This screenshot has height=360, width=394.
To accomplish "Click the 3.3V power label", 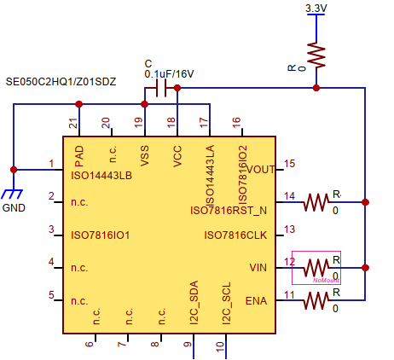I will coord(316,9).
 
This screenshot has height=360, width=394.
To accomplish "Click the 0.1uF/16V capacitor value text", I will coord(169,74).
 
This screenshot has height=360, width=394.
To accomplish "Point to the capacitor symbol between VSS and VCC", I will coord(159,88).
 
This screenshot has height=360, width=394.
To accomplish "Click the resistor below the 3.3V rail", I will coord(316,57).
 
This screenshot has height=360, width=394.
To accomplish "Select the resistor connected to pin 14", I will coord(316,202).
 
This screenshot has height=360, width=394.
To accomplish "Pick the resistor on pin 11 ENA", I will coord(316,299).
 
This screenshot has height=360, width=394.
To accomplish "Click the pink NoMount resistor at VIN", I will coord(316,267).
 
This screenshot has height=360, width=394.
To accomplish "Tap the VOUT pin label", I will coord(259,169).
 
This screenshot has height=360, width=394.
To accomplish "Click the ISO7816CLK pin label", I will coord(235,235).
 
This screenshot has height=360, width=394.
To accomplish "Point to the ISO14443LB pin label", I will coord(101,176).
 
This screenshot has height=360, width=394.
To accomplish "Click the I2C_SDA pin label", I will coord(194,306).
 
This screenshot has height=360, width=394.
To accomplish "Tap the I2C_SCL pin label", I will coord(226,306).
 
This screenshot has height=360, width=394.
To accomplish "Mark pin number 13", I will coord(290,229).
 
